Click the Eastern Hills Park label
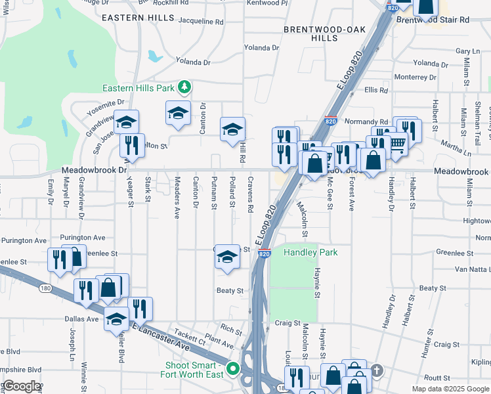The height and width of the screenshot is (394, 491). (138, 88)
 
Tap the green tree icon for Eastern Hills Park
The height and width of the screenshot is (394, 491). (186, 87)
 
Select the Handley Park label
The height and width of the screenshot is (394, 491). (310, 253)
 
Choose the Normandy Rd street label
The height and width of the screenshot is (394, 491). (366, 122)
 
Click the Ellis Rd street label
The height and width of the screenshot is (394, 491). (377, 90)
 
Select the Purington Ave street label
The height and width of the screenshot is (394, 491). (82, 238)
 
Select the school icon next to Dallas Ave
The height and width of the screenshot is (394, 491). (117, 320)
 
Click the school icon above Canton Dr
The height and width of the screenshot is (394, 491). (178, 114)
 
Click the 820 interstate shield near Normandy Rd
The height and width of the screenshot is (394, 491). (331, 121)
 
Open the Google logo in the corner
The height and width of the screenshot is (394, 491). (22, 386)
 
